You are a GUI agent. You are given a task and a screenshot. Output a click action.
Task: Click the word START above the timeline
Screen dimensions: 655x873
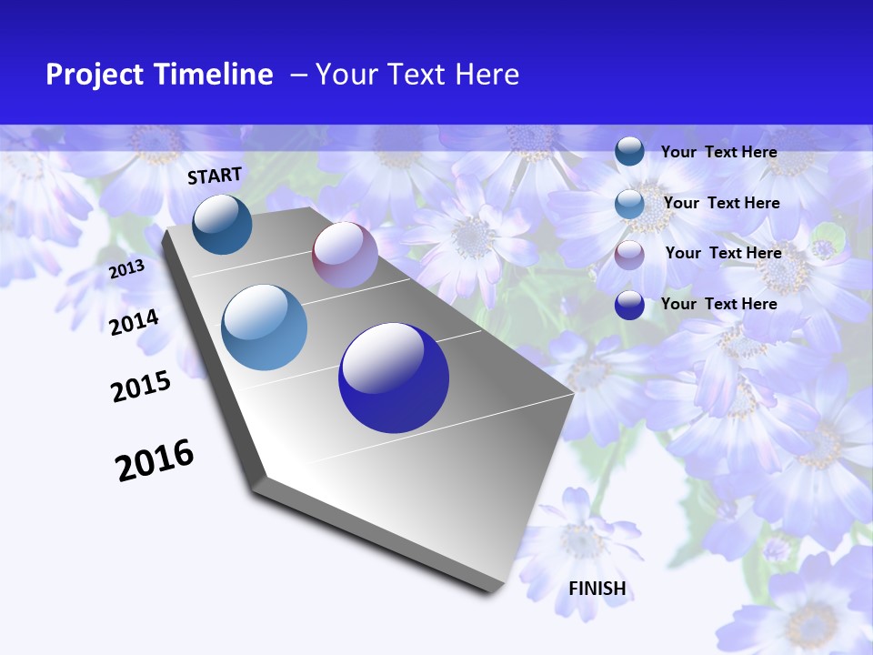click(x=215, y=176)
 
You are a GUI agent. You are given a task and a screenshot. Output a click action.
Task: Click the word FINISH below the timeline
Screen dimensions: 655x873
click(x=597, y=589)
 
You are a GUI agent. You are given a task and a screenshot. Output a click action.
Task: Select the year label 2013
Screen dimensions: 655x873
click(x=126, y=269)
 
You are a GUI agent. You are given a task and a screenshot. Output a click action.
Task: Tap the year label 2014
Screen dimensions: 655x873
click(x=135, y=322)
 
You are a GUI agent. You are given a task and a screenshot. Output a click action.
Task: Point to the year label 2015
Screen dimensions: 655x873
click(x=141, y=387)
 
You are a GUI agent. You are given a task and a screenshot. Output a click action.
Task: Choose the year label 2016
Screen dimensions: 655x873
click(x=155, y=460)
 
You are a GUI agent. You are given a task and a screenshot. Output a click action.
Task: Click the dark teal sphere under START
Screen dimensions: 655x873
click(x=223, y=224)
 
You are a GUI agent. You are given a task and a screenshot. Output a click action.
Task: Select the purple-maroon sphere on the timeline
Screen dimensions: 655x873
click(x=345, y=255)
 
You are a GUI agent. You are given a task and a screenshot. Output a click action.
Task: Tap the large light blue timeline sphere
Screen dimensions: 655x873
click(x=265, y=327)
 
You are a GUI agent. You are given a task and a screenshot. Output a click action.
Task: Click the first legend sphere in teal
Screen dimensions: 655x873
click(x=629, y=152)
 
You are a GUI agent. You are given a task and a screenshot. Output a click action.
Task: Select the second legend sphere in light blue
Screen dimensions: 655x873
click(x=629, y=204)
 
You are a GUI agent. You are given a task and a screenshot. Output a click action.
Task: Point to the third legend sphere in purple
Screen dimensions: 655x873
click(x=629, y=255)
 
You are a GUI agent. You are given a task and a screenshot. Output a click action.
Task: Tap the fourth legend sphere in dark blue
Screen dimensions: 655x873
click(x=629, y=305)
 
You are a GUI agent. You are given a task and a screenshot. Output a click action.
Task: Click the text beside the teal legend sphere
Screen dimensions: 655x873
click(x=718, y=152)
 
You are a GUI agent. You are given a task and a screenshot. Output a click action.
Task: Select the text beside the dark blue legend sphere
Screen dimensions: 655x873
click(x=718, y=304)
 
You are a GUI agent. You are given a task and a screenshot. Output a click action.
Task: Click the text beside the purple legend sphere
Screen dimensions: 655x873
click(x=723, y=253)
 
